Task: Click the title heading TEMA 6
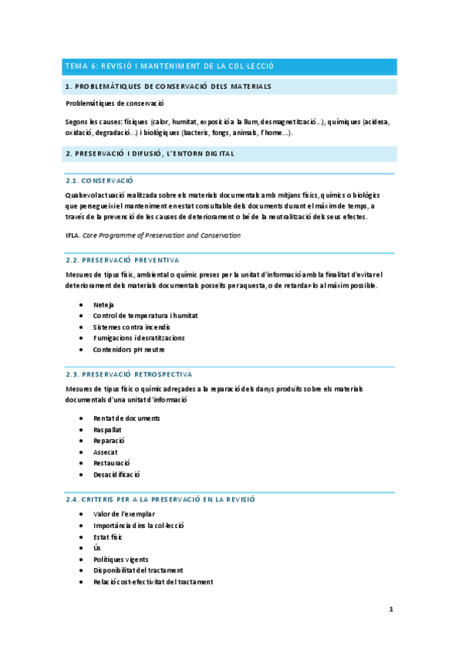click(x=169, y=67)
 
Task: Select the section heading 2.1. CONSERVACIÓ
click(x=100, y=180)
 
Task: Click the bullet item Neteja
click(x=103, y=305)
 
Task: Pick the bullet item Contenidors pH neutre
click(x=128, y=349)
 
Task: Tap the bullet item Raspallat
click(x=108, y=430)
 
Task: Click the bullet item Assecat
click(x=107, y=452)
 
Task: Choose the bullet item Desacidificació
click(x=116, y=474)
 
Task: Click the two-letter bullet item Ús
click(x=97, y=548)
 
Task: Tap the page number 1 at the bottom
click(x=391, y=610)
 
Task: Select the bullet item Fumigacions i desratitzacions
click(x=138, y=338)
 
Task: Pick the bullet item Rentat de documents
click(x=126, y=419)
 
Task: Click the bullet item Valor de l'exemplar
click(x=123, y=514)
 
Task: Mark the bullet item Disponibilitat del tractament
click(x=138, y=570)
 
